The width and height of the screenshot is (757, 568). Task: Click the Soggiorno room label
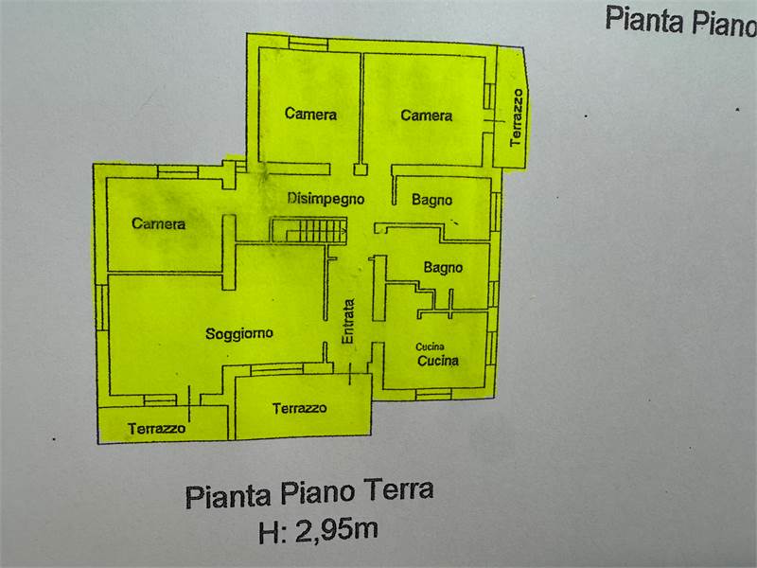239,333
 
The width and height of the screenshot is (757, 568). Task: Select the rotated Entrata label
348,322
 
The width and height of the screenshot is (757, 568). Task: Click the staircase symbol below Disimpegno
309,230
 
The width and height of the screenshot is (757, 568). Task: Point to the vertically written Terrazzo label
516,116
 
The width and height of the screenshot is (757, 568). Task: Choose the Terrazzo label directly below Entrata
299,408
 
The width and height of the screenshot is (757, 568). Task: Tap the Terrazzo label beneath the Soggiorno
157,429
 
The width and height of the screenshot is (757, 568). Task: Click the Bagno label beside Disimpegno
431,200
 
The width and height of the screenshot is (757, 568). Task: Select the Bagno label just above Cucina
443,268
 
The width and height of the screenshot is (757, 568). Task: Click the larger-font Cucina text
438,360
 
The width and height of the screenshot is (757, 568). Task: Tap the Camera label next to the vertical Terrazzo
426,115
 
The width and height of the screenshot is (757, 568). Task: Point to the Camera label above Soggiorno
159,224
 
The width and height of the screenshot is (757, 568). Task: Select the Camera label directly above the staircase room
310,115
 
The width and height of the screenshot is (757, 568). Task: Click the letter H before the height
268,532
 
